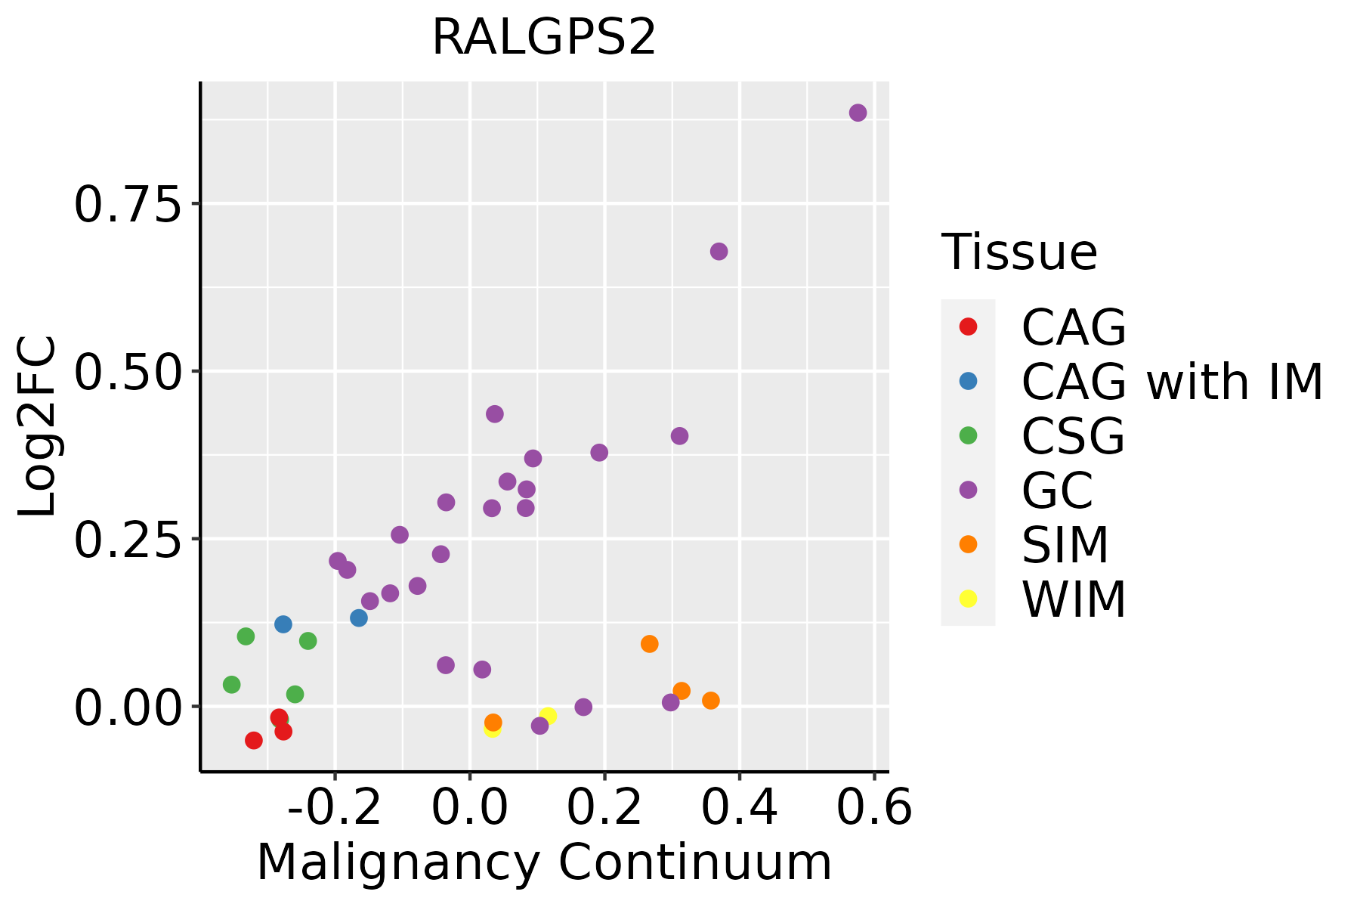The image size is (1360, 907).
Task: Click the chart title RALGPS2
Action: click(x=543, y=38)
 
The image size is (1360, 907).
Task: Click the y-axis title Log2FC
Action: click(x=38, y=427)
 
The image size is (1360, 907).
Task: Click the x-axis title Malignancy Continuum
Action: click(x=543, y=863)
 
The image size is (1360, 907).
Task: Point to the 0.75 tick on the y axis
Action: click(x=128, y=204)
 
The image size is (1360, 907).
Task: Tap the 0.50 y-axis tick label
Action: click(x=128, y=372)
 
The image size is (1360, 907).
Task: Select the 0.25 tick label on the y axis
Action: click(x=128, y=540)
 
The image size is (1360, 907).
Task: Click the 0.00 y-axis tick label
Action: click(x=128, y=707)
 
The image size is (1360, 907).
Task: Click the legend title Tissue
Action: click(x=1019, y=252)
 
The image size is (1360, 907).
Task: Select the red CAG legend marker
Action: click(x=968, y=327)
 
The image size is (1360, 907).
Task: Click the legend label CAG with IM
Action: click(x=1171, y=382)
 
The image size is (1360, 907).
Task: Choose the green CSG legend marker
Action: click(x=968, y=435)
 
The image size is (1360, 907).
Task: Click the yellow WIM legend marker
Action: click(x=968, y=599)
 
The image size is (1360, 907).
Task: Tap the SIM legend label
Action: click(x=1065, y=545)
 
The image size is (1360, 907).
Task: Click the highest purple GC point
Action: click(x=858, y=113)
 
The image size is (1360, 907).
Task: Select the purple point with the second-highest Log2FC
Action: click(x=719, y=252)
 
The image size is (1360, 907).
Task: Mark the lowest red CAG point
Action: click(x=254, y=741)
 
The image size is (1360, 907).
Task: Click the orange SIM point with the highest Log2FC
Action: click(x=649, y=644)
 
